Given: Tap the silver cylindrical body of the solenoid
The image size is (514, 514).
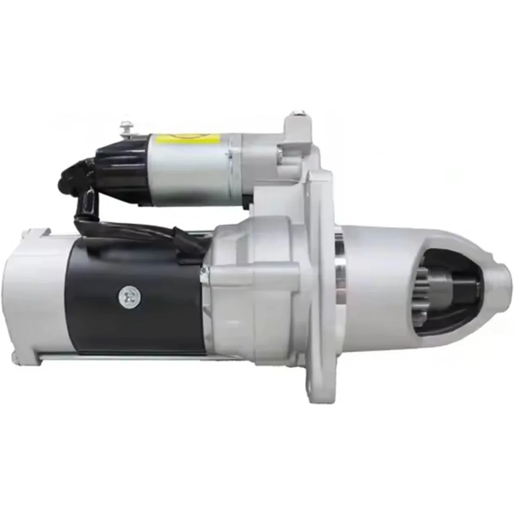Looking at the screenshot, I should click(188, 171).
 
